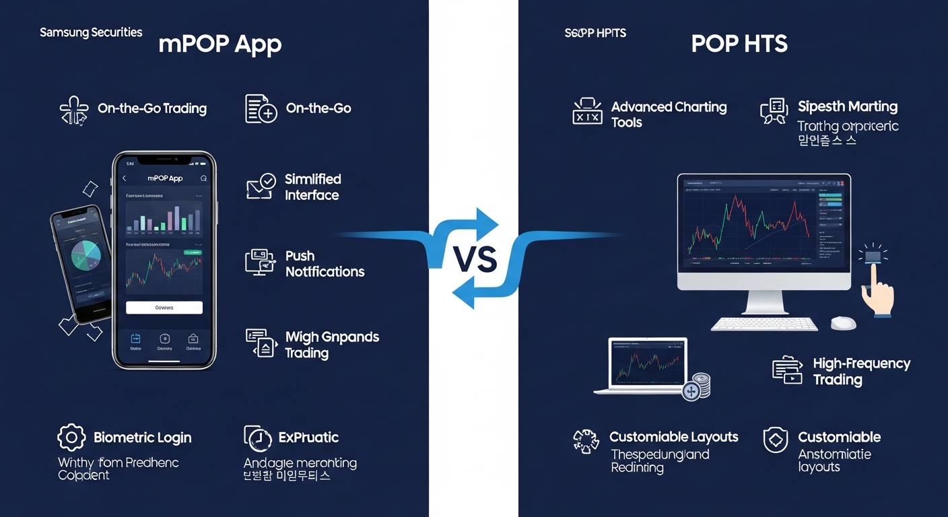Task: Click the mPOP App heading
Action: [x=219, y=44]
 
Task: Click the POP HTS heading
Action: [x=739, y=44]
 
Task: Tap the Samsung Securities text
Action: [x=91, y=32]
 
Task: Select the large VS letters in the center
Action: [x=474, y=259]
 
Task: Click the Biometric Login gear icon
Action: [x=71, y=438]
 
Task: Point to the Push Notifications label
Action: [x=325, y=264]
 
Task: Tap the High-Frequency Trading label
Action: [x=861, y=372]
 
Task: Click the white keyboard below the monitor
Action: [x=764, y=324]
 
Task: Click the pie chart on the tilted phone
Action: [x=84, y=254]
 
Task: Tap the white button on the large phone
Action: [x=164, y=308]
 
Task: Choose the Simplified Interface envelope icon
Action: [x=260, y=186]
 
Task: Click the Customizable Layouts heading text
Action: [x=673, y=437]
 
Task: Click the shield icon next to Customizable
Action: [x=775, y=440]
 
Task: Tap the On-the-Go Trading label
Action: [x=152, y=108]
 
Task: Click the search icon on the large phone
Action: [x=204, y=178]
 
